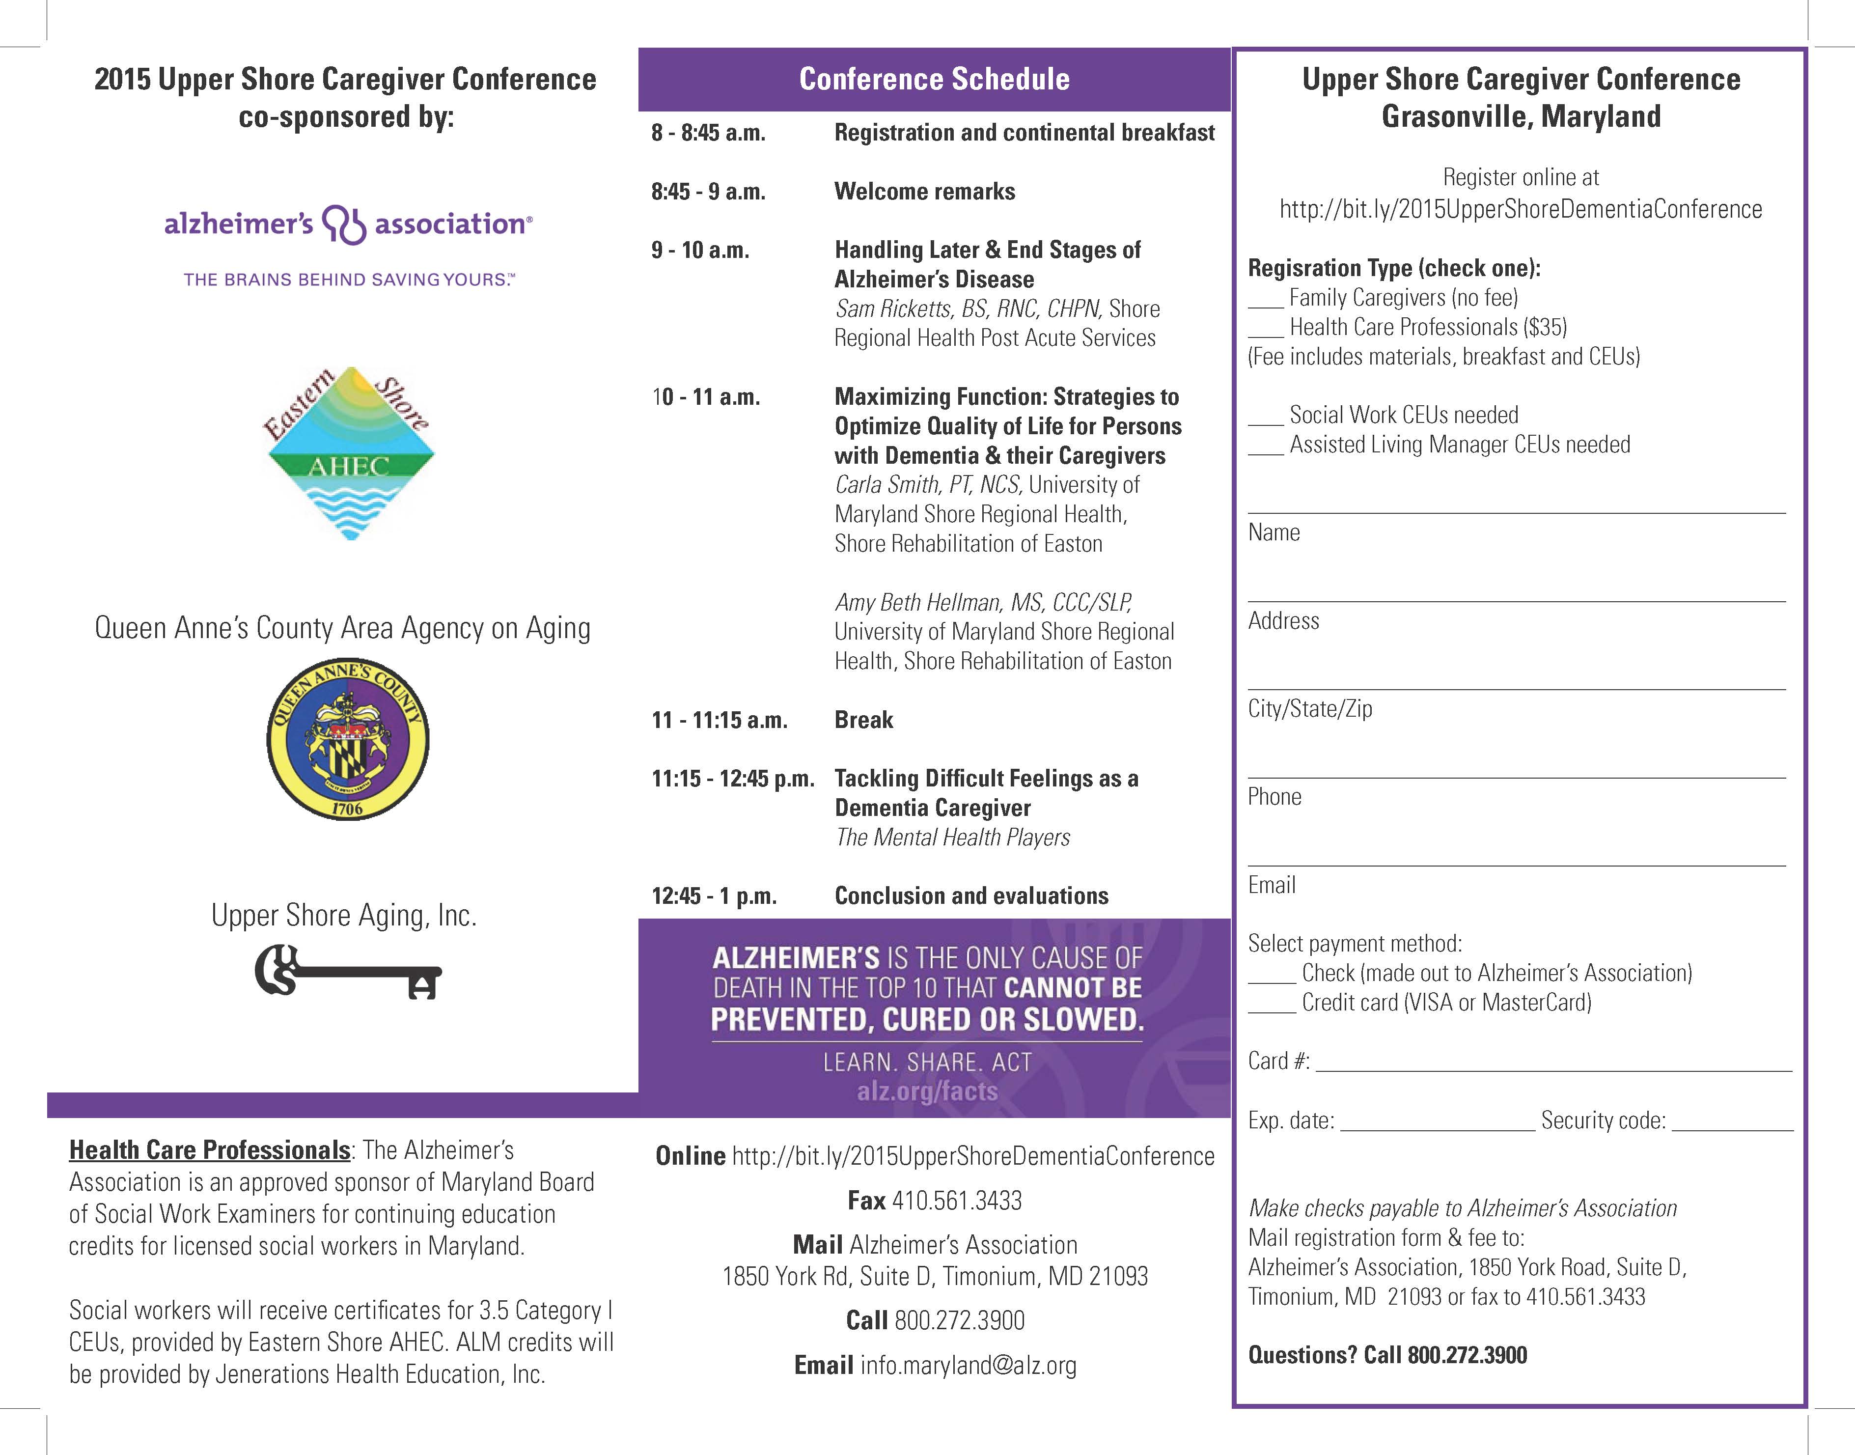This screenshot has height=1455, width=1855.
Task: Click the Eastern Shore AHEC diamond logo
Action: click(x=349, y=453)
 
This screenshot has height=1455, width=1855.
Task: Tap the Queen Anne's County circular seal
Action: click(x=348, y=739)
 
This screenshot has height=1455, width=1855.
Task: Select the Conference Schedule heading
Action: click(x=934, y=79)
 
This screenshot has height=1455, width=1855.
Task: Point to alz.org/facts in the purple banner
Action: click(x=927, y=1091)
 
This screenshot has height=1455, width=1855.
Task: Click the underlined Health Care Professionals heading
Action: click(x=210, y=1150)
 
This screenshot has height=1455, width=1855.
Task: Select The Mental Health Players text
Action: click(x=952, y=838)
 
